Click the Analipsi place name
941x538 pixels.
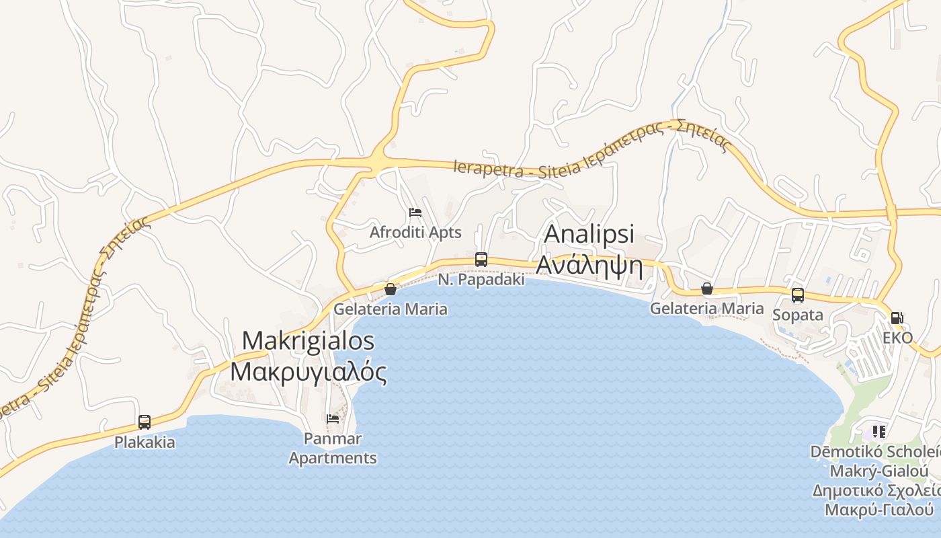[x=589, y=234]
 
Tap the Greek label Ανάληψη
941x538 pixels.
[x=589, y=267]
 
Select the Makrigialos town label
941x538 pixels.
[x=308, y=340]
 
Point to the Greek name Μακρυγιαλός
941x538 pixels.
[x=308, y=371]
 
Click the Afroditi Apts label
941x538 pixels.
[x=415, y=233]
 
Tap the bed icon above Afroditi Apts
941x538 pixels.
[x=415, y=213]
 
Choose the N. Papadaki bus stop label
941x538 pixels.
[x=481, y=280]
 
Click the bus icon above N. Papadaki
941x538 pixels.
[x=481, y=259]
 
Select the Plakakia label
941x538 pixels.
[x=145, y=443]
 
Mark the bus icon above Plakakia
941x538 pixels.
[x=145, y=422]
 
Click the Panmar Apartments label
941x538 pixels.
[x=333, y=449]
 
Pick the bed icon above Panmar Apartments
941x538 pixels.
[x=333, y=419]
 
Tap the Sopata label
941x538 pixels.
[x=797, y=315]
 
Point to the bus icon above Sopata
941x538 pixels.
[x=797, y=295]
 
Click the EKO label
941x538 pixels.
[x=897, y=338]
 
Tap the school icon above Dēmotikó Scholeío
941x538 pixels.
[x=878, y=431]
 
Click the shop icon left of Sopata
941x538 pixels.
[x=706, y=289]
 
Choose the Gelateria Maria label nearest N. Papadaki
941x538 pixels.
[x=391, y=309]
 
